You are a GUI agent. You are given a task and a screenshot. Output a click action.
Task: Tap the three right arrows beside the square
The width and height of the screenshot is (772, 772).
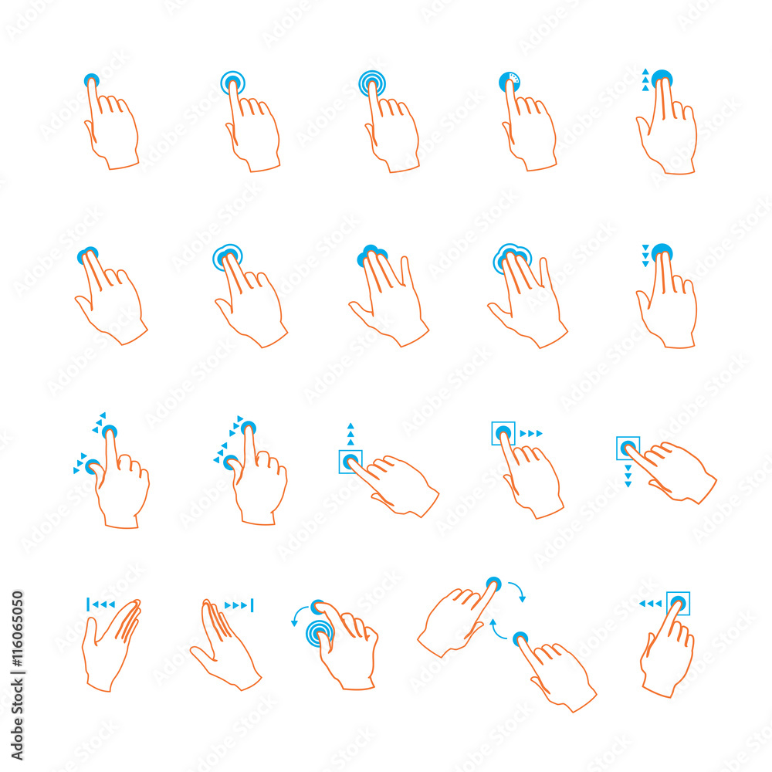531,433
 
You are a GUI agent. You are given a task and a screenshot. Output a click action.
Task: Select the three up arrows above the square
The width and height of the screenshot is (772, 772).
350,434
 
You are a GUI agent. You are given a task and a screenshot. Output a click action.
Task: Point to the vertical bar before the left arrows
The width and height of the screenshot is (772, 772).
89,604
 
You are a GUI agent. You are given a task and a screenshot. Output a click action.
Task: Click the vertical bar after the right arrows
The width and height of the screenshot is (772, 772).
252,605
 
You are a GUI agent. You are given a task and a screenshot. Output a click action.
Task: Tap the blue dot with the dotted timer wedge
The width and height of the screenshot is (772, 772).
510,81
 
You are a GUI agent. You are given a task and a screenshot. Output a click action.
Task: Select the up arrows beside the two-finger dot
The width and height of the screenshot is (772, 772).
645,80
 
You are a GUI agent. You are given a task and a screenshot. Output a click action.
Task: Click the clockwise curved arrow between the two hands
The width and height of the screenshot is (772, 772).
518,592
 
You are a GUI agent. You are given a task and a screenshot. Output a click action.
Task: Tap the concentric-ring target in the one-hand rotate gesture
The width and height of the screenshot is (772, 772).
319,633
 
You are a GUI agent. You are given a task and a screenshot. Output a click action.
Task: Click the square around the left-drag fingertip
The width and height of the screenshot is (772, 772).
678,603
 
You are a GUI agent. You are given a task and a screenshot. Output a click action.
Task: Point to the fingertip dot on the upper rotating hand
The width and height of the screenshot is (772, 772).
493,584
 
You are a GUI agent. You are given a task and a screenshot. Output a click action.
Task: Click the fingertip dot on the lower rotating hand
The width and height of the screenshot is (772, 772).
520,638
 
